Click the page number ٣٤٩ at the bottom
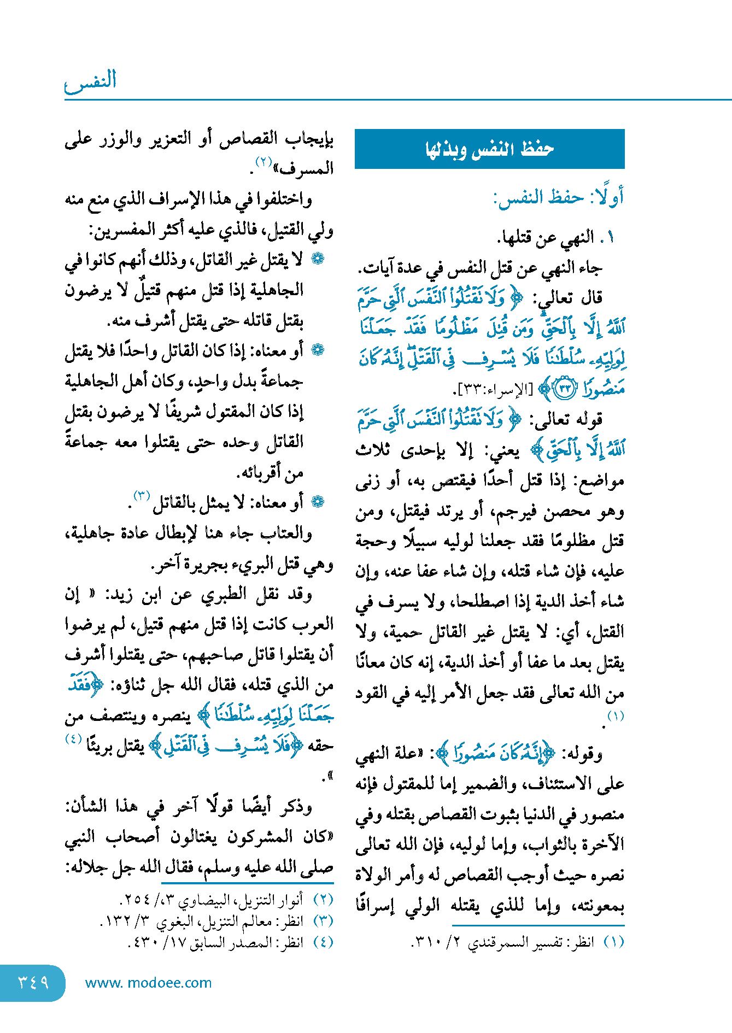tap(33, 982)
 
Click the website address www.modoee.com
tap(148, 983)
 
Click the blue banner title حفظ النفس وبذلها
tap(489, 149)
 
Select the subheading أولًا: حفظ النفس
tap(558, 197)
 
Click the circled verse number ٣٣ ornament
tap(564, 389)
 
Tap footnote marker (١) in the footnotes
tap(613, 942)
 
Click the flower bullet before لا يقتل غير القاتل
tap(317, 259)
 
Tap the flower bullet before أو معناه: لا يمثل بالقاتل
tap(317, 501)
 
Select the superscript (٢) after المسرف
tap(263, 162)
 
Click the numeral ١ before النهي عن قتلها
tap(611, 237)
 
